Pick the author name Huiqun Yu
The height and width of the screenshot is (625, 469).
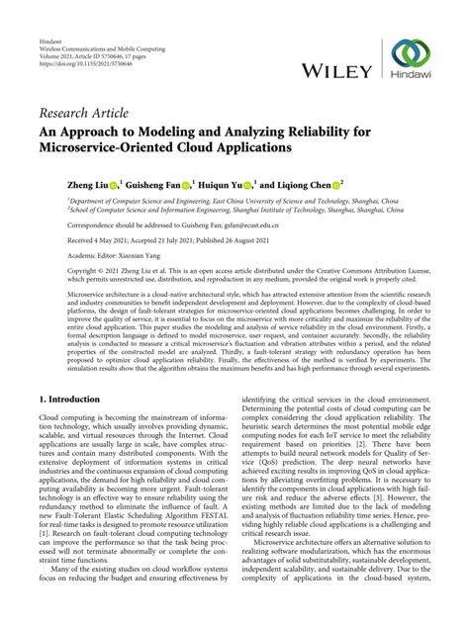[x=227, y=185]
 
